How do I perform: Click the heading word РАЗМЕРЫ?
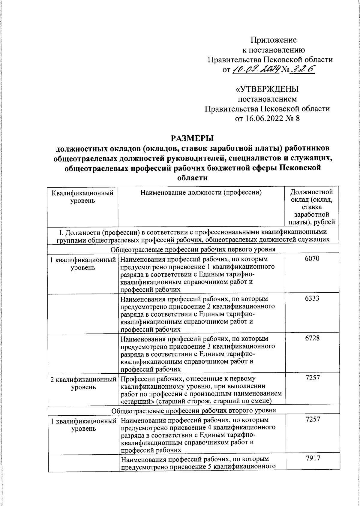coord(192,138)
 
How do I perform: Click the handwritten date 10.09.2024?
coord(256,70)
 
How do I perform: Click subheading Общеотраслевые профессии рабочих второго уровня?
coord(194,410)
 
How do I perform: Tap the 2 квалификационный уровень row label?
coord(83,383)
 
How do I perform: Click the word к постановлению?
coord(273,50)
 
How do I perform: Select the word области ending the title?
coord(192,178)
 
